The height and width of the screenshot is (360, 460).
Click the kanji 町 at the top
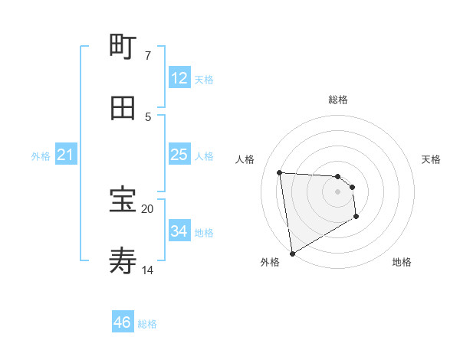coord(123,47)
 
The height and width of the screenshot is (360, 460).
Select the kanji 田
coord(123,108)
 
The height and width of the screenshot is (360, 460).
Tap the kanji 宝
coord(123,201)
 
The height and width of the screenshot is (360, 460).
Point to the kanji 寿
coord(123,261)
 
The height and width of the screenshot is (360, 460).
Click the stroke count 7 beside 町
coord(148,56)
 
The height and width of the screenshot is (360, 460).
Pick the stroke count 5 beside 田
coord(148,116)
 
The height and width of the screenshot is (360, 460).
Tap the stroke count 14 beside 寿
coord(148,270)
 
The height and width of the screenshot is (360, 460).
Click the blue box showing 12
coord(179,78)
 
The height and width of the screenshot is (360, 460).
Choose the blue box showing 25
coord(179,155)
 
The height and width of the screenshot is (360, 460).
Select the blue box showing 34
coord(179,231)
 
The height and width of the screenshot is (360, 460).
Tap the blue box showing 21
coord(66,155)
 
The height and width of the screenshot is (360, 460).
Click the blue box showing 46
coord(123,322)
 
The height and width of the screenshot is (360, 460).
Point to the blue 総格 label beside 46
coord(147,324)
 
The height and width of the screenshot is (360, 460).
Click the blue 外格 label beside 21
coord(41,156)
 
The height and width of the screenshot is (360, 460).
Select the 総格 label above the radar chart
coord(337,100)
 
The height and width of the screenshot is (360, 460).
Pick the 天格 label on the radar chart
coord(431,159)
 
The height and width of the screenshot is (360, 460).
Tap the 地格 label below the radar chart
coord(402,262)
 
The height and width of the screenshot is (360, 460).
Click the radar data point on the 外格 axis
coord(291,253)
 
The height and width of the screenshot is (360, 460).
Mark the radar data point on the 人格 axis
coord(280,172)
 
